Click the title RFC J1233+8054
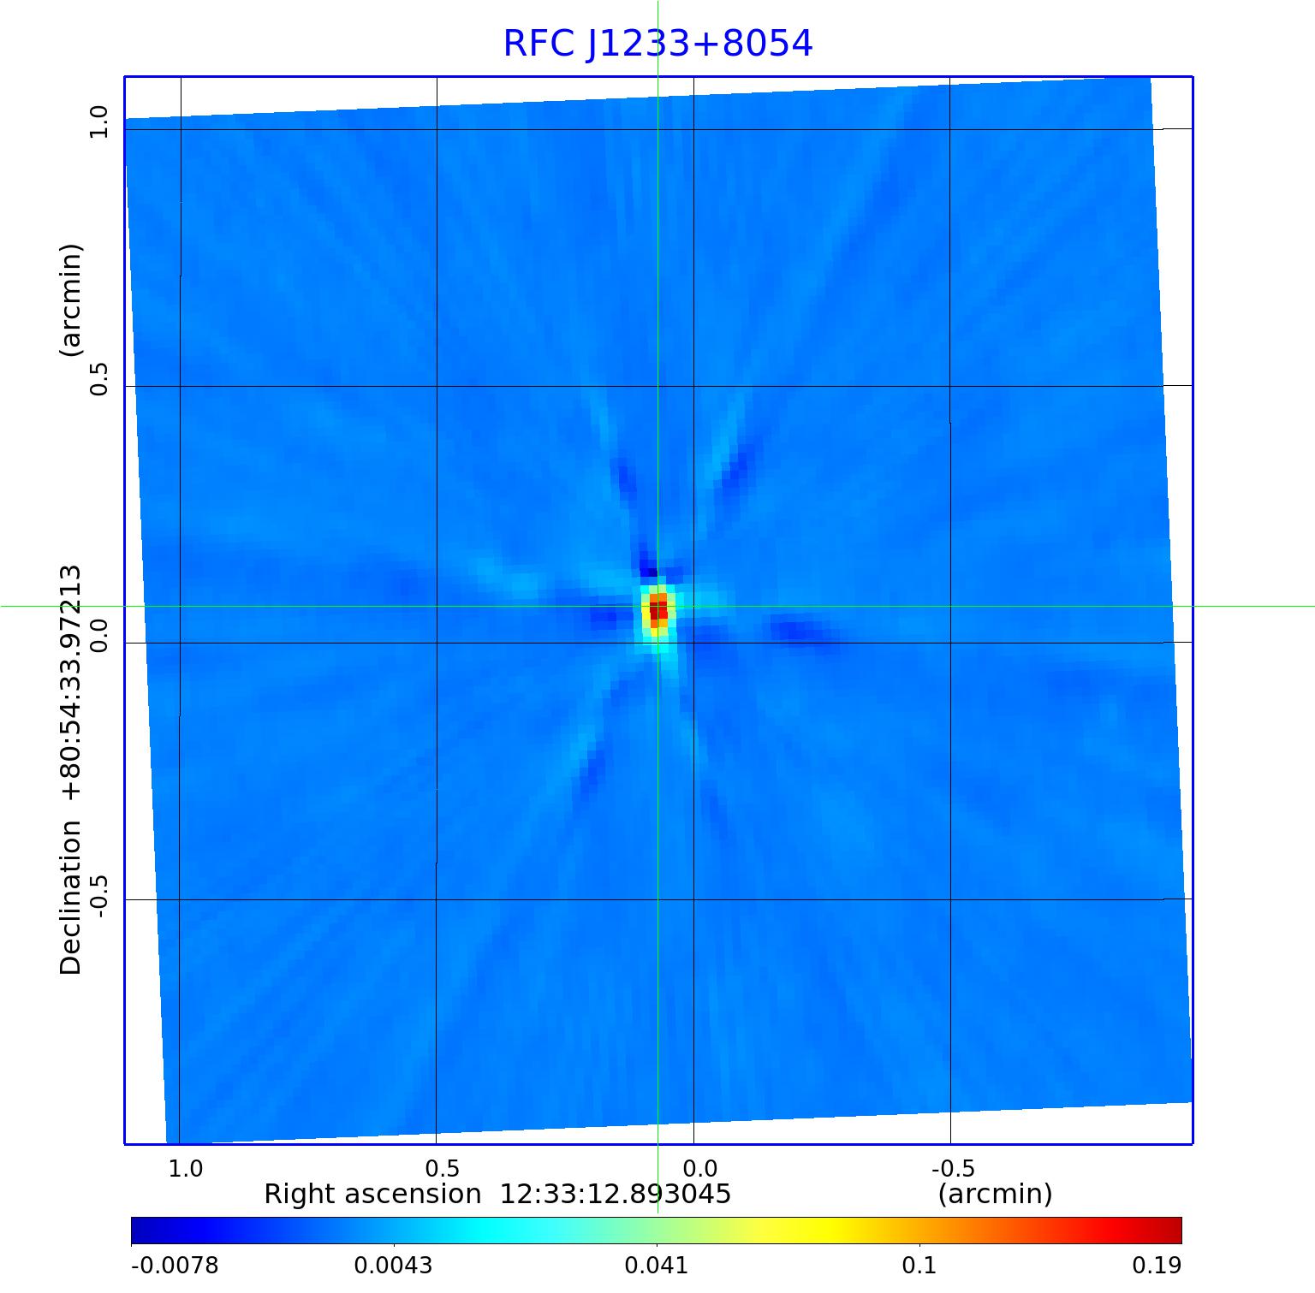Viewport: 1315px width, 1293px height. coord(657,44)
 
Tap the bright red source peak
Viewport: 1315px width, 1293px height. coord(657,611)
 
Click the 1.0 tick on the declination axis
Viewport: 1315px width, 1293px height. coord(99,121)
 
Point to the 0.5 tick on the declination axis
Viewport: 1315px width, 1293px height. coord(99,378)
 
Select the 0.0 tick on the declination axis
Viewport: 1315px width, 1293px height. coord(99,635)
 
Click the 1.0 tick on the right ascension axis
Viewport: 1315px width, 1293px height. coord(186,1168)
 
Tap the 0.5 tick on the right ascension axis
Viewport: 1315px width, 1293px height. coord(443,1168)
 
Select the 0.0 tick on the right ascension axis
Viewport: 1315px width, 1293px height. coord(699,1168)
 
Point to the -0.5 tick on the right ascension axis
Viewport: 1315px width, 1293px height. coord(952,1168)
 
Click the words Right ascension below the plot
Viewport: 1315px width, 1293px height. coord(372,1194)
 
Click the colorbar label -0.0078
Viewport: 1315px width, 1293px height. coord(175,1266)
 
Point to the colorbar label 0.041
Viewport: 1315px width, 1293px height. coord(657,1266)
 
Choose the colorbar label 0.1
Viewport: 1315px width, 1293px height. coord(919,1266)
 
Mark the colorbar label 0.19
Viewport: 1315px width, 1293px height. coord(1157,1266)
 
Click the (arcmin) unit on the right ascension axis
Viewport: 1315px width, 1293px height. coord(995,1194)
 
